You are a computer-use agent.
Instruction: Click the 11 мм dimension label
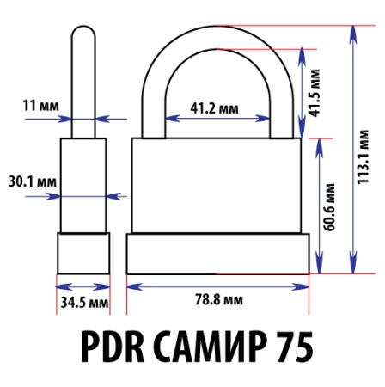coord(40,106)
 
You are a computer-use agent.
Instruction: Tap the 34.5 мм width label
coord(83,302)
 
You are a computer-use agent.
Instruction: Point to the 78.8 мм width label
coord(217,301)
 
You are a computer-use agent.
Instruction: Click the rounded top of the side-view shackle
coord(82,34)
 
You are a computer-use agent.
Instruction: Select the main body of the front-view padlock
coord(217,185)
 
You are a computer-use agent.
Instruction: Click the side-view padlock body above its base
coord(83,185)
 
